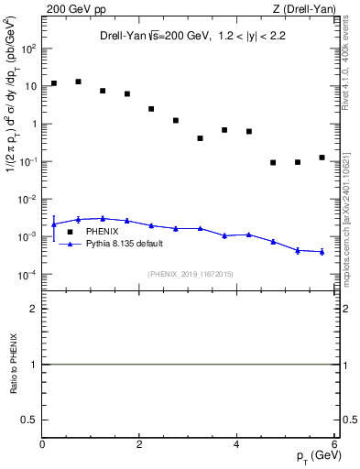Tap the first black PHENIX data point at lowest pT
tap(54, 83)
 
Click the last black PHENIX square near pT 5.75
tap(322, 158)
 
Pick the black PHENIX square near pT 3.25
tap(200, 138)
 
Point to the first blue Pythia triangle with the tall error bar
tap(54, 224)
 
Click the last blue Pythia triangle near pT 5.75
tap(322, 252)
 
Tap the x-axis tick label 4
tap(237, 444)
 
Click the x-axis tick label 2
tap(140, 444)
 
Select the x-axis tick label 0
tap(42, 444)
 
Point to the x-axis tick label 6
tap(334, 444)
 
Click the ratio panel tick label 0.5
tap(29, 419)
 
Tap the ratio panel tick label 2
tap(33, 309)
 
